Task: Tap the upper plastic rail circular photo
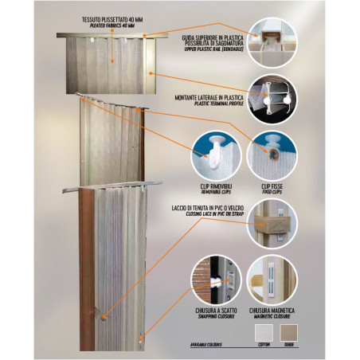[x=272, y=38]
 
